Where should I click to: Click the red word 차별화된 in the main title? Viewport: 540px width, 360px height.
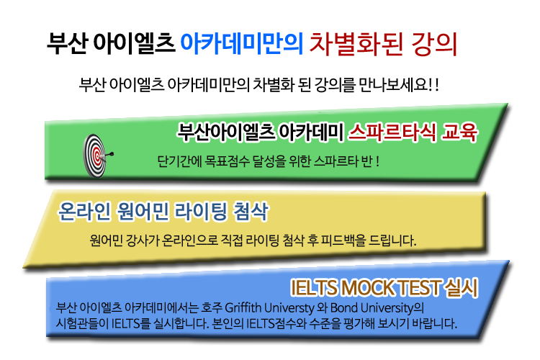(356, 44)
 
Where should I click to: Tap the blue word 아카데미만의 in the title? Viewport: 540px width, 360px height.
(242, 44)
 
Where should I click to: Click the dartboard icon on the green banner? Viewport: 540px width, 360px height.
(95, 156)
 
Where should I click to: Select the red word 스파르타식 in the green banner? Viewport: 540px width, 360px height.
(392, 132)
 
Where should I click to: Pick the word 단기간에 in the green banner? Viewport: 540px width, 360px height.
(179, 161)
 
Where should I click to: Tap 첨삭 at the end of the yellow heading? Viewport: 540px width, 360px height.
(251, 211)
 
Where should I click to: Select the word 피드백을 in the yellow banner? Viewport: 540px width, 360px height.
(343, 240)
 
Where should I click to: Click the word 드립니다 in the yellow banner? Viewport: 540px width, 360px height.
(392, 240)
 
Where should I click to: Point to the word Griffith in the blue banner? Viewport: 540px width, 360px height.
(243, 307)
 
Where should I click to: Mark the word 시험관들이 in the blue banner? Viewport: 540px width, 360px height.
(82, 323)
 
